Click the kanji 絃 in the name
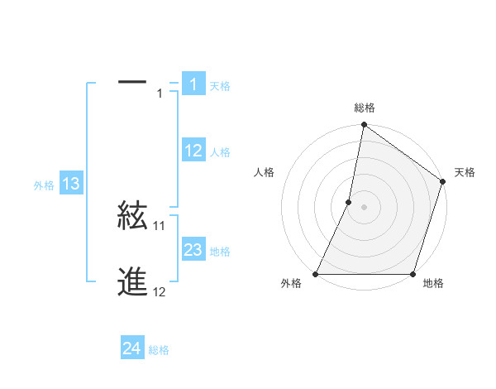click(132, 216)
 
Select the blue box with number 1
click(193, 84)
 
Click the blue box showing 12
click(193, 150)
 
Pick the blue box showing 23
click(193, 249)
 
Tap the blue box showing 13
click(71, 184)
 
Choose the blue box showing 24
click(132, 348)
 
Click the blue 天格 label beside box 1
click(220, 85)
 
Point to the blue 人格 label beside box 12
click(220, 152)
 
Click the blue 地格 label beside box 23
click(220, 252)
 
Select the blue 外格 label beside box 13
click(44, 186)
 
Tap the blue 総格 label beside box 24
click(159, 351)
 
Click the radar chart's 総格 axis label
click(365, 108)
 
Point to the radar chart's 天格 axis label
click(465, 172)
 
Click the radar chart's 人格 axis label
click(265, 172)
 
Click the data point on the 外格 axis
click(316, 274)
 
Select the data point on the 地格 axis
click(413, 274)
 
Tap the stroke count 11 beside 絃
click(160, 225)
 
